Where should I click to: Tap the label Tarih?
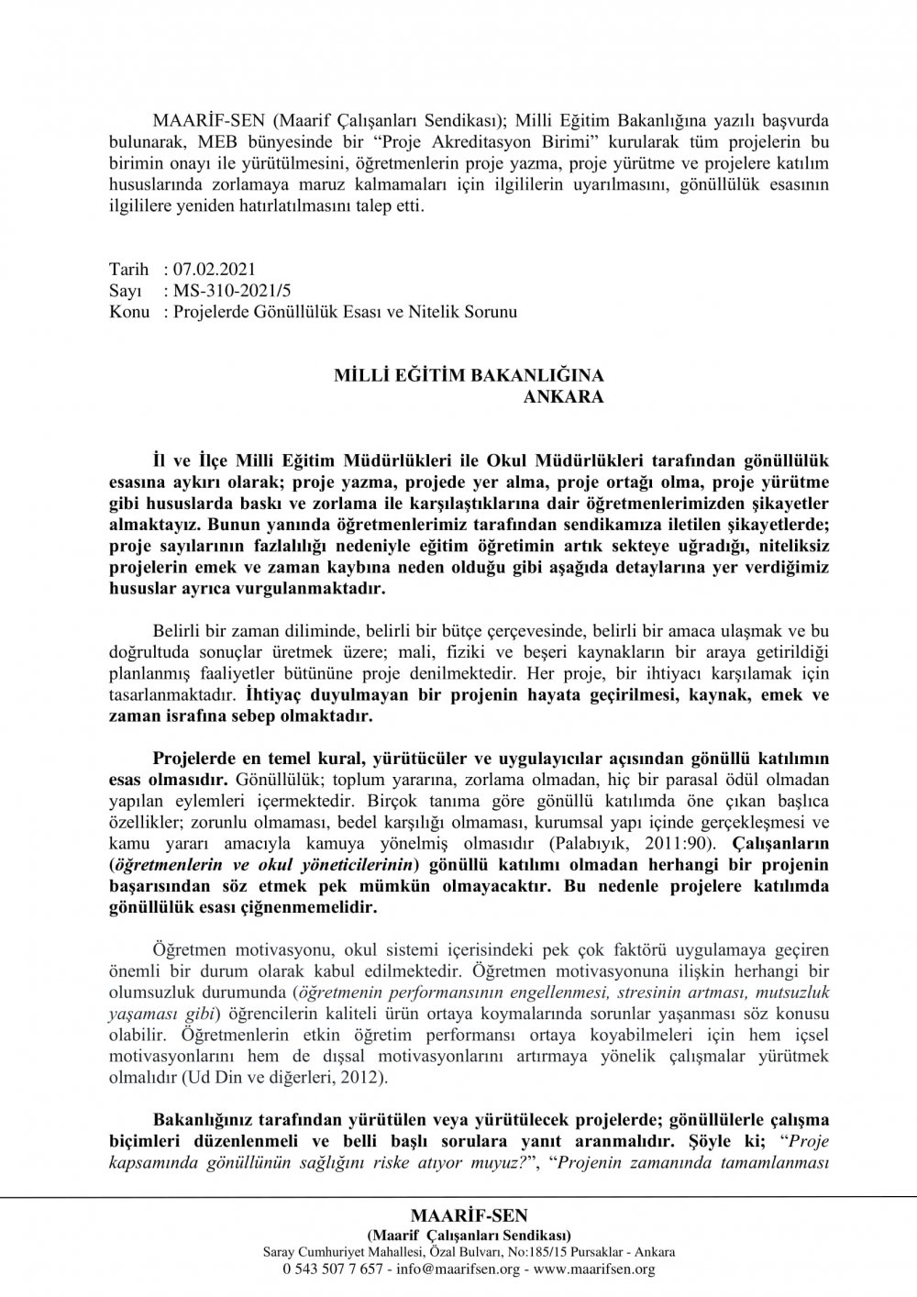click(x=127, y=271)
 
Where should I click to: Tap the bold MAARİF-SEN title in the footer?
click(x=470, y=1215)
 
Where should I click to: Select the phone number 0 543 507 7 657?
click(x=334, y=1269)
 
